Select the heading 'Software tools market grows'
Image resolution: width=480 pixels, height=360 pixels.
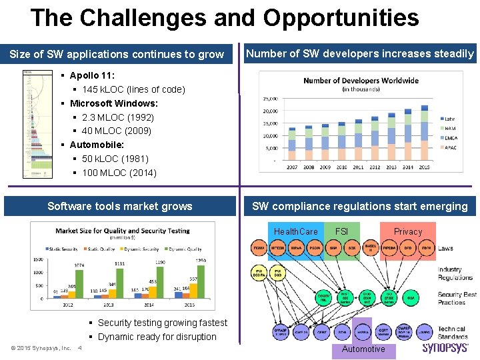120,206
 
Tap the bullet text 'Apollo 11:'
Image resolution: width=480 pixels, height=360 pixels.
93,75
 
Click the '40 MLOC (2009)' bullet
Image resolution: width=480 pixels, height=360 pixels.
117,131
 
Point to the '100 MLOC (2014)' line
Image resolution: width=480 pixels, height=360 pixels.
119,173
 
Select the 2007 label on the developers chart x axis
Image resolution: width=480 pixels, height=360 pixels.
292,167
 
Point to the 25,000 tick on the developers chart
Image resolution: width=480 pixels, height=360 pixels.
270,99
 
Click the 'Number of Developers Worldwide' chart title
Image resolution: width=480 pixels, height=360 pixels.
361,81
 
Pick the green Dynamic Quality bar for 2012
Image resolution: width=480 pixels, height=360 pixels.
79,283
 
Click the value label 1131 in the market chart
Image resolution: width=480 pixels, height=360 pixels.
119,264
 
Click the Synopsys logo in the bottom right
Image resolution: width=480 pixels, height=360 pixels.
445,348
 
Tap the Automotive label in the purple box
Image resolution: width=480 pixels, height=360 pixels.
363,349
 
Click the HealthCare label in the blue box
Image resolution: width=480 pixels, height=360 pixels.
295,231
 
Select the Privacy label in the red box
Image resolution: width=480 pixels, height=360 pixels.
408,231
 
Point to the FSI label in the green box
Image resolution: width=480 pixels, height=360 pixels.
341,231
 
